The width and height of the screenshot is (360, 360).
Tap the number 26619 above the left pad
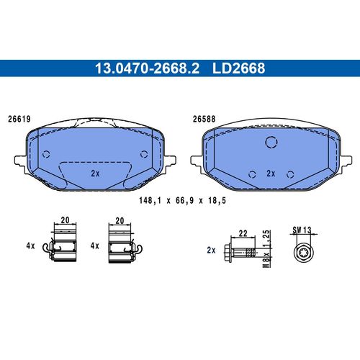click(x=19, y=120)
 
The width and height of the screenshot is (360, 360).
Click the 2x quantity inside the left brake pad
click(x=95, y=174)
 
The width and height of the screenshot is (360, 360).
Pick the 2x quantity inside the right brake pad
click(x=271, y=174)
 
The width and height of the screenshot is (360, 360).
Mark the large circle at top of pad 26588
click(x=271, y=143)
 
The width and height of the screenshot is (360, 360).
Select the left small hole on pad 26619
click(x=46, y=153)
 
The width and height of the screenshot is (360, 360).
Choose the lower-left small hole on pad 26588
click(x=252, y=173)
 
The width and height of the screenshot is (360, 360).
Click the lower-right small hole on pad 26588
click(x=290, y=173)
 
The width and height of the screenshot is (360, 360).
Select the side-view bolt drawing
click(x=242, y=252)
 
